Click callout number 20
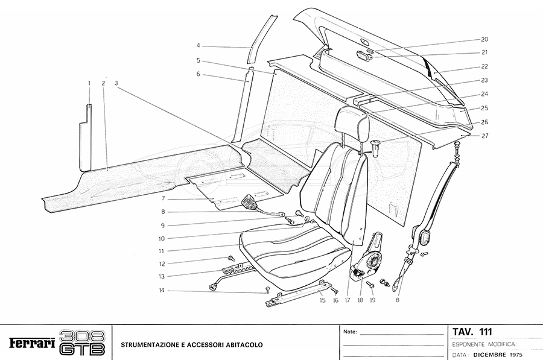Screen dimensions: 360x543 (x=484, y=39)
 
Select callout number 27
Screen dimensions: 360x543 (x=484, y=136)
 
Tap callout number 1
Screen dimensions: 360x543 (x=89, y=82)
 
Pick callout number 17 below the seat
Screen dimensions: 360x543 (x=348, y=299)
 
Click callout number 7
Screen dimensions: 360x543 (x=163, y=198)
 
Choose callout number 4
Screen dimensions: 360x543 (x=198, y=45)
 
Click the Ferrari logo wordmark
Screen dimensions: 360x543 (x=31, y=344)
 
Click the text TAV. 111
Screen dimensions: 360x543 (x=472, y=332)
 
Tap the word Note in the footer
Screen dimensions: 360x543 (x=349, y=332)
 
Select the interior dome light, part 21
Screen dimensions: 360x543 (x=363, y=56)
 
